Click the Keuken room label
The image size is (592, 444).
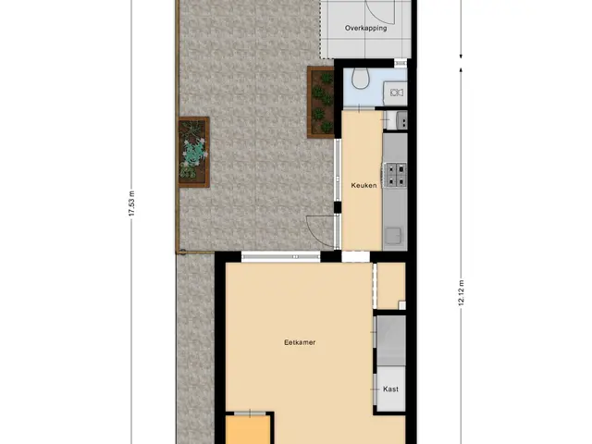coord(364,185)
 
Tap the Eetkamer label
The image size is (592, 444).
coord(300,342)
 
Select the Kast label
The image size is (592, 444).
coord(390,388)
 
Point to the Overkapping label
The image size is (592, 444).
coord(365,28)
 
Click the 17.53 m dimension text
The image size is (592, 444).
coord(131,203)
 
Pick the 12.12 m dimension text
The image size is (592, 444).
coord(461,293)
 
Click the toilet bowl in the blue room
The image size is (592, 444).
coord(361,79)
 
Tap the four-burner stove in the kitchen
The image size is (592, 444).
coord(395,175)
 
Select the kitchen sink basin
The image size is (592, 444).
coord(393,235)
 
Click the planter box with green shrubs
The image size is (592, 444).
coord(321,103)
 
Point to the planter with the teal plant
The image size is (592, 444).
coord(193,152)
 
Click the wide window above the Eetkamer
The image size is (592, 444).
coord(280,257)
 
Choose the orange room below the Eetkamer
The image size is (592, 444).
coord(248,429)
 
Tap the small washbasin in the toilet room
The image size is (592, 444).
coord(396,92)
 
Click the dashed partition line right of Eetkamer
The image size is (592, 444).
coord(375,286)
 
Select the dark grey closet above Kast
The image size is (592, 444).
coord(391,340)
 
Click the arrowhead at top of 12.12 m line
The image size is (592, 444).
coord(461,70)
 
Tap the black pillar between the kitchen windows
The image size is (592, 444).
coord(337,207)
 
